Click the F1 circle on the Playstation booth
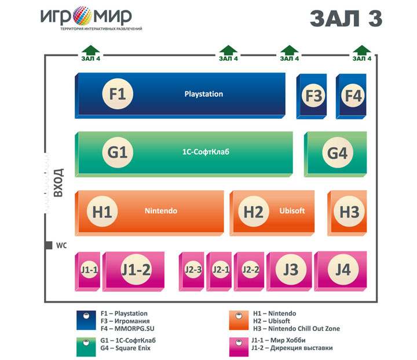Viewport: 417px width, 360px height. click(x=118, y=94)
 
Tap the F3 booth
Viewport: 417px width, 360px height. click(x=312, y=96)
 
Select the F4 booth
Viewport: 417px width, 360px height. click(x=351, y=96)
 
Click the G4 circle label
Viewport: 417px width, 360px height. click(x=338, y=152)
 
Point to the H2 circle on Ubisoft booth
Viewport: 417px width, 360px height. click(x=254, y=212)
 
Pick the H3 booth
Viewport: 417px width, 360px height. click(x=347, y=213)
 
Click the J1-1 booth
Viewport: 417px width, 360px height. click(x=87, y=271)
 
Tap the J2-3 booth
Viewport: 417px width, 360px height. click(x=192, y=271)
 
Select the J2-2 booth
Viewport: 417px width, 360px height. click(x=249, y=271)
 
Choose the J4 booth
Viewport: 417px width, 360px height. click(x=341, y=271)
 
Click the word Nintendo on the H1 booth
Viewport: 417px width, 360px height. click(x=161, y=211)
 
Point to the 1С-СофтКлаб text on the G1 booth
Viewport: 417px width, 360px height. click(x=206, y=152)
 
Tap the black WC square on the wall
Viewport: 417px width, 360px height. click(x=49, y=245)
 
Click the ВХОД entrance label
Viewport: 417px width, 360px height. click(x=58, y=183)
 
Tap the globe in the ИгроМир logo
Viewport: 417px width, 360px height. click(x=82, y=16)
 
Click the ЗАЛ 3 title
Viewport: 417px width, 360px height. click(x=346, y=19)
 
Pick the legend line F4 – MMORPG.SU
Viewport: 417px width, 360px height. click(x=127, y=329)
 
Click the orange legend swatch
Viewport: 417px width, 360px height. click(x=239, y=321)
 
